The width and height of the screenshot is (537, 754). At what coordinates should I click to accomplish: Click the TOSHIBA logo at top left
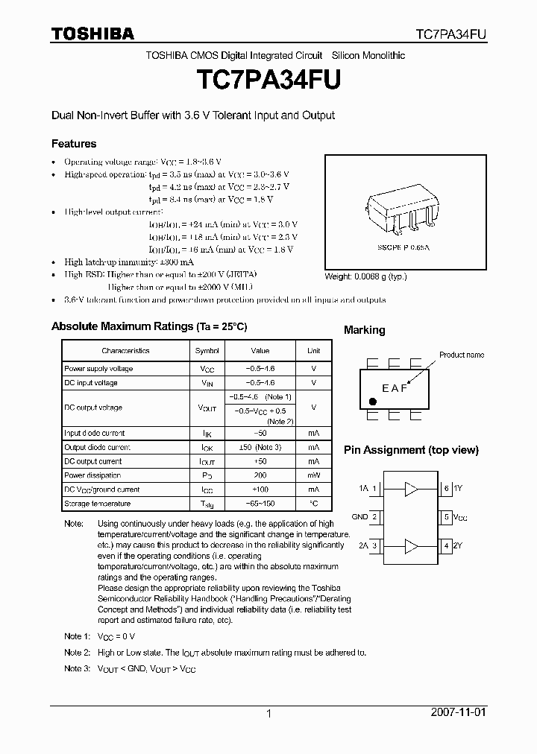[92, 34]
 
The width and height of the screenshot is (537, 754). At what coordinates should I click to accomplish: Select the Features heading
[73, 143]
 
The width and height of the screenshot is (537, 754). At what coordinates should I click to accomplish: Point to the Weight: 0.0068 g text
[366, 276]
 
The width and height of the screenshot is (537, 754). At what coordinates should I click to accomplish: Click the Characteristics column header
[125, 350]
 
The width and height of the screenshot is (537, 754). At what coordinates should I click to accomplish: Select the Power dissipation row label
[92, 475]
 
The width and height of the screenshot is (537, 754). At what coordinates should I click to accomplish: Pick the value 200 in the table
[260, 475]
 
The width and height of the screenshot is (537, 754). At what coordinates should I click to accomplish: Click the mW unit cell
[313, 475]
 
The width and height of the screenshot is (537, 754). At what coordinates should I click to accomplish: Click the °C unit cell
[313, 504]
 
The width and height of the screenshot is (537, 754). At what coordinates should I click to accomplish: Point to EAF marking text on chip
[395, 388]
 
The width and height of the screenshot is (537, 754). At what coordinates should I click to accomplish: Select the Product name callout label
[461, 355]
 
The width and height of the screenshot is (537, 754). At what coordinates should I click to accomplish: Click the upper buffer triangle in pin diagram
[411, 489]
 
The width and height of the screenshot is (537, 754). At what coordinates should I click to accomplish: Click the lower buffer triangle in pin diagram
[411, 546]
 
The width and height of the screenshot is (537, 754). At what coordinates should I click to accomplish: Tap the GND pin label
[359, 516]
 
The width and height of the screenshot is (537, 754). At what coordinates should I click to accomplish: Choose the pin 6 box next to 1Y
[446, 489]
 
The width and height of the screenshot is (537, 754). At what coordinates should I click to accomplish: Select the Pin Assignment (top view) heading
[411, 450]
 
